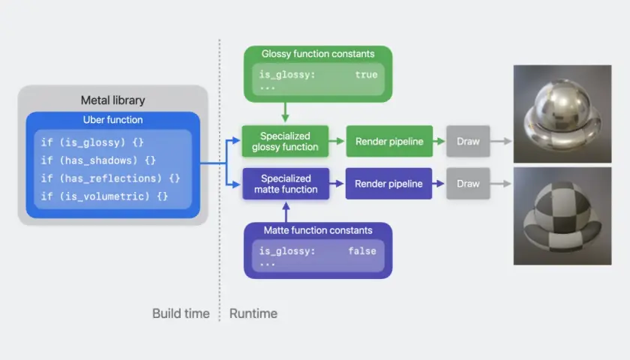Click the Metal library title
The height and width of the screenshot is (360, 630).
tap(113, 100)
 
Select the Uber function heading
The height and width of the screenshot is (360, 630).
tap(113, 120)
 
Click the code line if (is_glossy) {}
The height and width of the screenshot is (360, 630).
tap(92, 142)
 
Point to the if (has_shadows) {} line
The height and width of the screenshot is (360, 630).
tap(98, 160)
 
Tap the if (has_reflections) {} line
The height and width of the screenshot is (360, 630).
tap(110, 178)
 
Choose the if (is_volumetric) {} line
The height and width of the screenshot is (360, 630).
tap(104, 196)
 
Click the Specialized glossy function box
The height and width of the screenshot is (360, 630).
tap(285, 142)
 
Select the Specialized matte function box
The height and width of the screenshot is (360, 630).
tap(286, 184)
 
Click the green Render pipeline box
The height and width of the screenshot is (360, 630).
tap(389, 142)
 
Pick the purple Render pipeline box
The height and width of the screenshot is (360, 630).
tap(388, 184)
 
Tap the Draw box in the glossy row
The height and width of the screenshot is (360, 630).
tap(468, 142)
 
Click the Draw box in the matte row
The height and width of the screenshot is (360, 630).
tap(468, 184)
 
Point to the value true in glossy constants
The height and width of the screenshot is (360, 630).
tap(366, 75)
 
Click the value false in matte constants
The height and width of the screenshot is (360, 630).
tap(362, 251)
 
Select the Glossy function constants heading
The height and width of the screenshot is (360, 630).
tap(318, 54)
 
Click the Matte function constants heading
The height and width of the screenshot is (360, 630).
tap(318, 230)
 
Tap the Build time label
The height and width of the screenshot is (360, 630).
tap(181, 313)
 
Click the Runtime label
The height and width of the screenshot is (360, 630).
tap(253, 313)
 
